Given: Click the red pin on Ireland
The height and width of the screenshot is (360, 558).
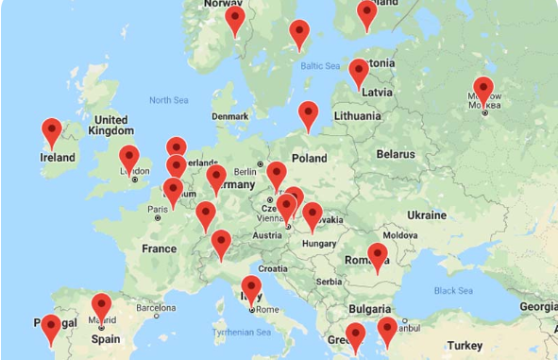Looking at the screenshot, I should click(52, 132).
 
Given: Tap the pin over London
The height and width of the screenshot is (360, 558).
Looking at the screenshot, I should click(128, 158).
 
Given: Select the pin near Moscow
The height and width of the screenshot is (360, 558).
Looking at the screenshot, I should click(483, 91).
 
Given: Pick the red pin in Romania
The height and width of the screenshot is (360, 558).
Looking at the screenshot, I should click(378, 256).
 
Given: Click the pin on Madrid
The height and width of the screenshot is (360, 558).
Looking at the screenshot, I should click(101, 307).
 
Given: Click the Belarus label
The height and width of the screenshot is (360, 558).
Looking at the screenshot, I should click(396, 154).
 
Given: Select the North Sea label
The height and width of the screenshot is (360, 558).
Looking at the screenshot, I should click(168, 99).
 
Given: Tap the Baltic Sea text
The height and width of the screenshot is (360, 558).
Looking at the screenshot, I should click(319, 66).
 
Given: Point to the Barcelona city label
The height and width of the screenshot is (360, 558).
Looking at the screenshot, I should click(156, 307).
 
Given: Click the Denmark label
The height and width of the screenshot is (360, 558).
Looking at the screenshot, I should click(230, 116).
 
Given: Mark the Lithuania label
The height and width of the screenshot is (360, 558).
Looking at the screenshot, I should click(355, 116).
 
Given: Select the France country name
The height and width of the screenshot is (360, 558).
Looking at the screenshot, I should click(159, 249).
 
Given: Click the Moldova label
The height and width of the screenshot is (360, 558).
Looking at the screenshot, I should click(399, 234).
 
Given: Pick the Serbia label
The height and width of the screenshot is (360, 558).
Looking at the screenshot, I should click(330, 282).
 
